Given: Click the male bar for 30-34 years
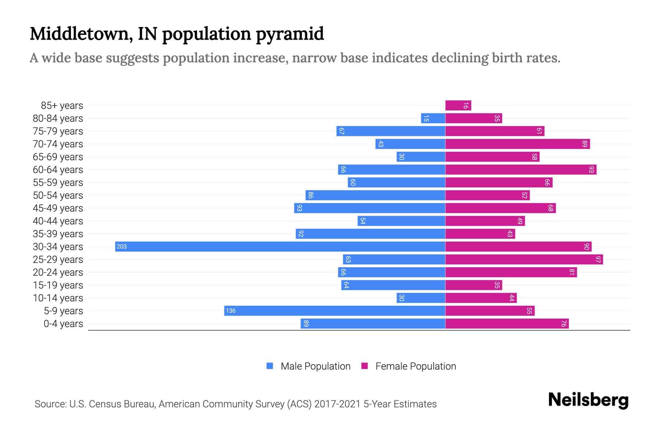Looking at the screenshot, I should [280, 246].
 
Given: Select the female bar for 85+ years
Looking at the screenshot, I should [458, 106].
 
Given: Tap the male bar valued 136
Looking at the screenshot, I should [334, 311].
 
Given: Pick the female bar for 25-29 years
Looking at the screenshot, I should [524, 260].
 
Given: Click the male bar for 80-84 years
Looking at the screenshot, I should [433, 118].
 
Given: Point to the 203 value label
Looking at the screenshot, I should [121, 247].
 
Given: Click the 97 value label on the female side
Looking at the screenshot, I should [598, 260].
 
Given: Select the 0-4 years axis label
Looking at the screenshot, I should [63, 324].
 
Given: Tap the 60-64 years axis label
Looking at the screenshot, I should [58, 170].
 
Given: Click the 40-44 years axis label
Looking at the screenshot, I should [58, 221].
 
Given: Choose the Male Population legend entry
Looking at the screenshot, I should [315, 366].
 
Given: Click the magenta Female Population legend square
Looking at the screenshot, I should [364, 366].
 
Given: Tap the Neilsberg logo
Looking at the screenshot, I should [588, 400].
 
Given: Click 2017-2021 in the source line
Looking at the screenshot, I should [337, 404].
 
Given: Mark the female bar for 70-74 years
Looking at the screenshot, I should [517, 144].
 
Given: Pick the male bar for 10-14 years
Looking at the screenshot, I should [421, 298].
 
